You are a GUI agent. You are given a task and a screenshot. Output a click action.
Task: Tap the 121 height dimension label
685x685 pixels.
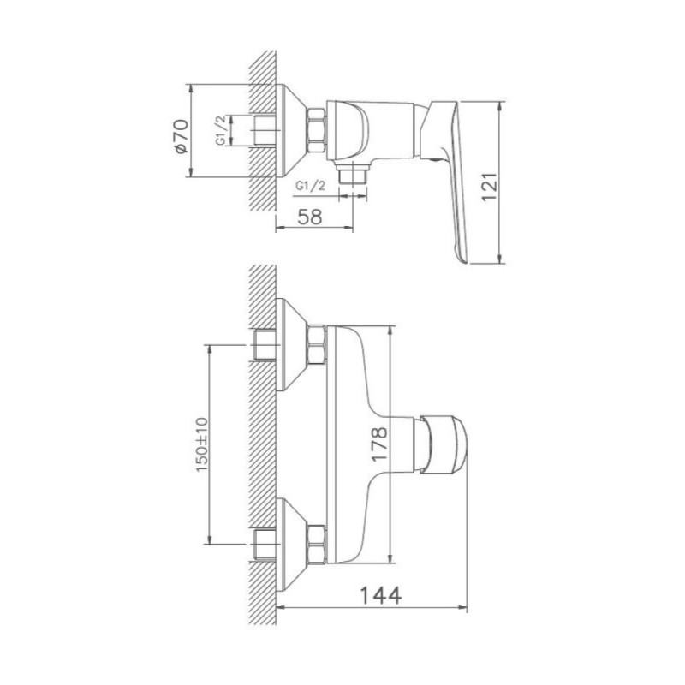[489, 187]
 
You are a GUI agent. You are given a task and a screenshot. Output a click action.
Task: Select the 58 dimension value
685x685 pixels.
[310, 217]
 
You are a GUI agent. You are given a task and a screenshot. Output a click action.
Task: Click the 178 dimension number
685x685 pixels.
[379, 444]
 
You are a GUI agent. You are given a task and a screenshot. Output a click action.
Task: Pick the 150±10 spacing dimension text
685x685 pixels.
[201, 444]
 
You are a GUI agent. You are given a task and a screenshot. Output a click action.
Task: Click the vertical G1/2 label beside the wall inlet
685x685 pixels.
[221, 130]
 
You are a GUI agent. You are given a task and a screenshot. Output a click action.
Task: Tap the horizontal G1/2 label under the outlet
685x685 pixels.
[311, 186]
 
